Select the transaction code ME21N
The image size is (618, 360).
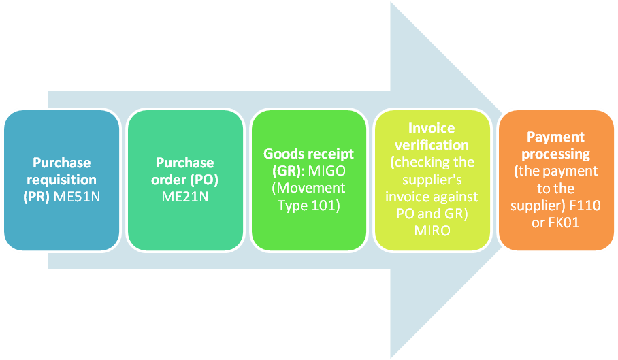point(185,197)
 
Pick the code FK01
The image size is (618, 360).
point(564,223)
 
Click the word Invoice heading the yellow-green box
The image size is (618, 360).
point(432,127)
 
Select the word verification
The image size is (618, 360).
point(432,144)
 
